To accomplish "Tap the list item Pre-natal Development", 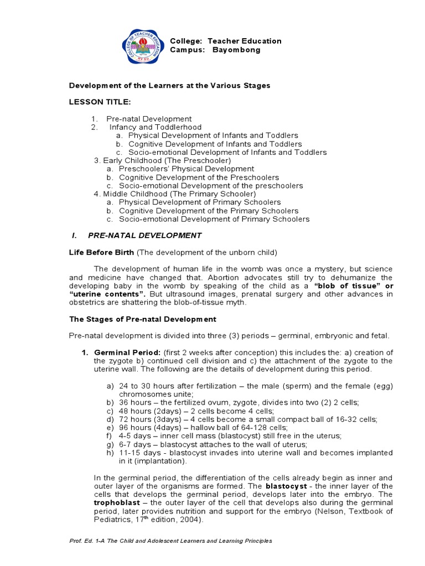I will pyautogui.click(x=149, y=119).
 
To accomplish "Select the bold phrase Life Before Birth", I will pyautogui.click(x=101, y=253).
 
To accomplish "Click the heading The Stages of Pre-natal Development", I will pyautogui.click(x=142, y=319).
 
